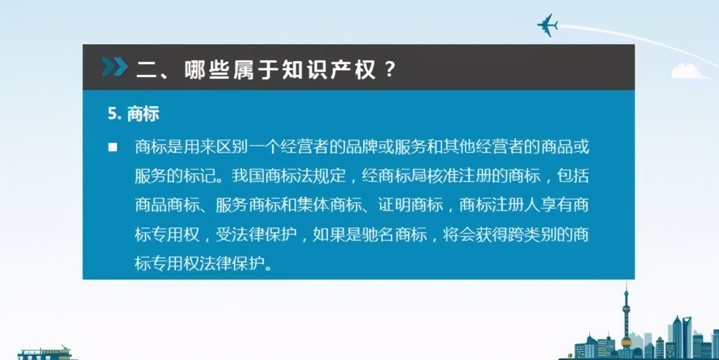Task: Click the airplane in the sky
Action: click(x=547, y=25)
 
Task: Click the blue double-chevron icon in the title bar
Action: click(x=114, y=67)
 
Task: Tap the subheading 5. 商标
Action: click(x=133, y=115)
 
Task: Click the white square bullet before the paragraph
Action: click(x=113, y=148)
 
